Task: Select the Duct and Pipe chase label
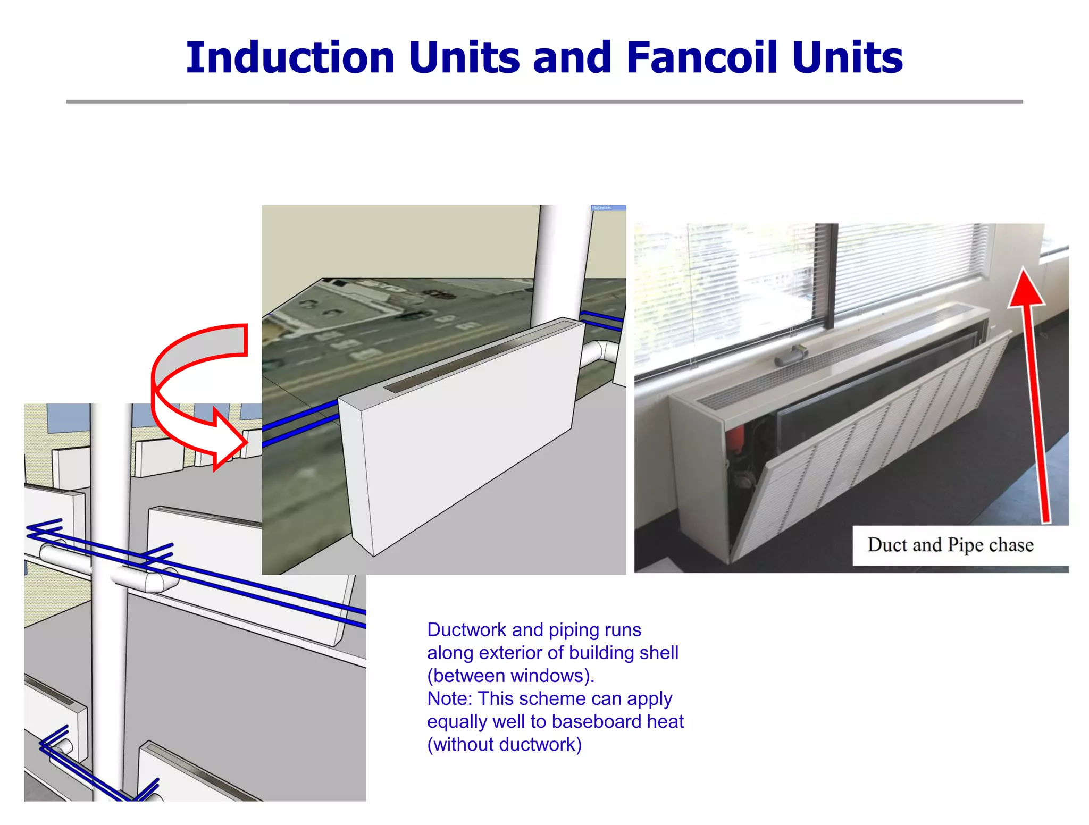click(950, 545)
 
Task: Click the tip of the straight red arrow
click(1024, 274)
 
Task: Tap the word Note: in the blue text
click(449, 698)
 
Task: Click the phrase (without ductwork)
click(504, 744)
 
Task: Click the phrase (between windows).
click(510, 676)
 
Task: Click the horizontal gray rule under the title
click(544, 102)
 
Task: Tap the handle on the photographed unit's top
click(791, 355)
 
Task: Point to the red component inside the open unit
click(734, 441)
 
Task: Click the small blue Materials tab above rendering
click(608, 208)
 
